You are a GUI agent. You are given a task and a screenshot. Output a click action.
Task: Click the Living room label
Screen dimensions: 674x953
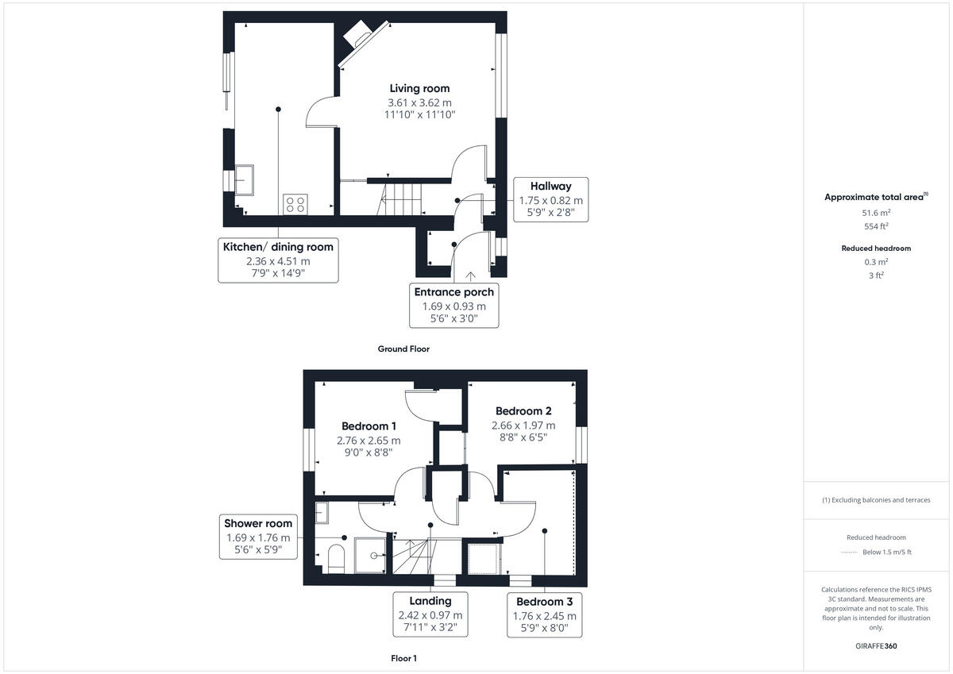tap(419, 88)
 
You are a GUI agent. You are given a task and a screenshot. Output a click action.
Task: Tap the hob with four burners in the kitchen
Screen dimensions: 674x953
tap(295, 204)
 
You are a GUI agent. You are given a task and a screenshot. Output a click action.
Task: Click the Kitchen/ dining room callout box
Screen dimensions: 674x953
tap(278, 260)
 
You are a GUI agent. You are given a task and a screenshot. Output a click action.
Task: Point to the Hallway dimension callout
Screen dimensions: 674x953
tap(550, 199)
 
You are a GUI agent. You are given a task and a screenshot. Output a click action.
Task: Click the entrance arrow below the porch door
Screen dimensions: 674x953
tap(471, 275)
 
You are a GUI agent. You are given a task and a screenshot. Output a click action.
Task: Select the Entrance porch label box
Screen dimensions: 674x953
tap(453, 305)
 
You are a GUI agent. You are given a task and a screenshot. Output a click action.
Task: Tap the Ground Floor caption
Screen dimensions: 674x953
tap(403, 349)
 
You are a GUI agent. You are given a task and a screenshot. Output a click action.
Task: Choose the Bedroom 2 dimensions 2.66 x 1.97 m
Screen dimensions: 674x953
tap(523, 425)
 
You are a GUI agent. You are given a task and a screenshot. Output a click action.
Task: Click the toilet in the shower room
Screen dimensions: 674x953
tap(335, 557)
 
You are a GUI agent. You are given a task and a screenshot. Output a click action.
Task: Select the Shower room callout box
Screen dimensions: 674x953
tap(258, 537)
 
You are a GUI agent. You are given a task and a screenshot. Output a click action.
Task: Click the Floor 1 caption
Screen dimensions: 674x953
tap(403, 658)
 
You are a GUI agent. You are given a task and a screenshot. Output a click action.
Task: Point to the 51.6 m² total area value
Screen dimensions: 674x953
tap(876, 212)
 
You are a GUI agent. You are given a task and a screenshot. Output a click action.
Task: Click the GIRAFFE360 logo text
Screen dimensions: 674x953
tap(876, 646)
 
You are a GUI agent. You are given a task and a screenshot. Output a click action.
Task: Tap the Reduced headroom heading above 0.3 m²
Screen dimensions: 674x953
tap(876, 248)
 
